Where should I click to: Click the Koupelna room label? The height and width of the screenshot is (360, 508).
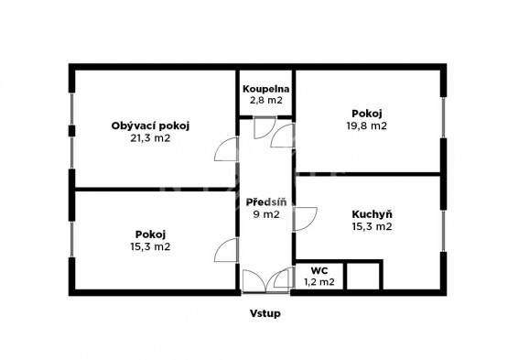pyautogui.click(x=265, y=89)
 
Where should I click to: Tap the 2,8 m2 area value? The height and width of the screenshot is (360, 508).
pyautogui.click(x=265, y=100)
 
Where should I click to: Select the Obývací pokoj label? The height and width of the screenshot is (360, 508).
pyautogui.click(x=150, y=125)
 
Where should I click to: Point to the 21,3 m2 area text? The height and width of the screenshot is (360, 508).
pyautogui.click(x=150, y=138)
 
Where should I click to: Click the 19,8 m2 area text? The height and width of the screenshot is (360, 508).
pyautogui.click(x=367, y=125)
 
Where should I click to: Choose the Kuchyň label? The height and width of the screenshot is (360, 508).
pyautogui.click(x=372, y=214)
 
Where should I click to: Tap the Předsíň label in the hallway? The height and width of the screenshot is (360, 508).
pyautogui.click(x=266, y=202)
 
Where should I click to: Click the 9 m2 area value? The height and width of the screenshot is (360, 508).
pyautogui.click(x=266, y=214)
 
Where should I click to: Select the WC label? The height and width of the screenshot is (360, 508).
pyautogui.click(x=319, y=270)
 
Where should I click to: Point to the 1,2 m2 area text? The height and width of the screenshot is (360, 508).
pyautogui.click(x=319, y=282)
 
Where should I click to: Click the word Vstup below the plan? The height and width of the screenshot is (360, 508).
pyautogui.click(x=265, y=313)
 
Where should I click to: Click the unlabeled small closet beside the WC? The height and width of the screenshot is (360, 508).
pyautogui.click(x=363, y=277)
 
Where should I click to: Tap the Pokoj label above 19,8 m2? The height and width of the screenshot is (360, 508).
pyautogui.click(x=367, y=114)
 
